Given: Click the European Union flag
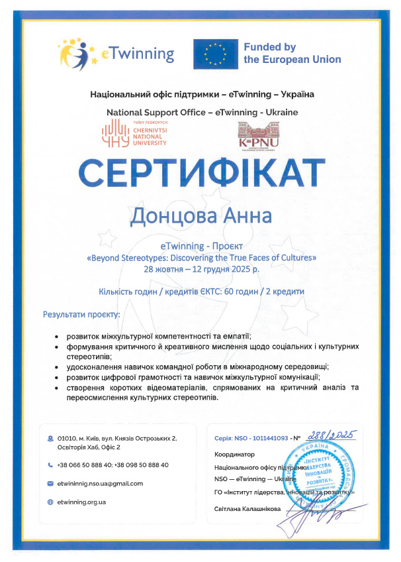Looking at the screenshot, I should [215, 54].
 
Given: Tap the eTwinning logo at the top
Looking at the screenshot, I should [116, 53].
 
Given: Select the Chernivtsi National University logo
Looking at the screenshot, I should [134, 133].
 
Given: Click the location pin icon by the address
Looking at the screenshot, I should [50, 439].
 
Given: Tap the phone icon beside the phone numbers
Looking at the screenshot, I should [50, 465].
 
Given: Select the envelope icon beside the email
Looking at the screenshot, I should [50, 483].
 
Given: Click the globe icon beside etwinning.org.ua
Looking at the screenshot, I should [50, 502].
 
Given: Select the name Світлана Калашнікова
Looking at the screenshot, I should [247, 508].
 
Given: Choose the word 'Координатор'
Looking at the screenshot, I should [234, 455].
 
